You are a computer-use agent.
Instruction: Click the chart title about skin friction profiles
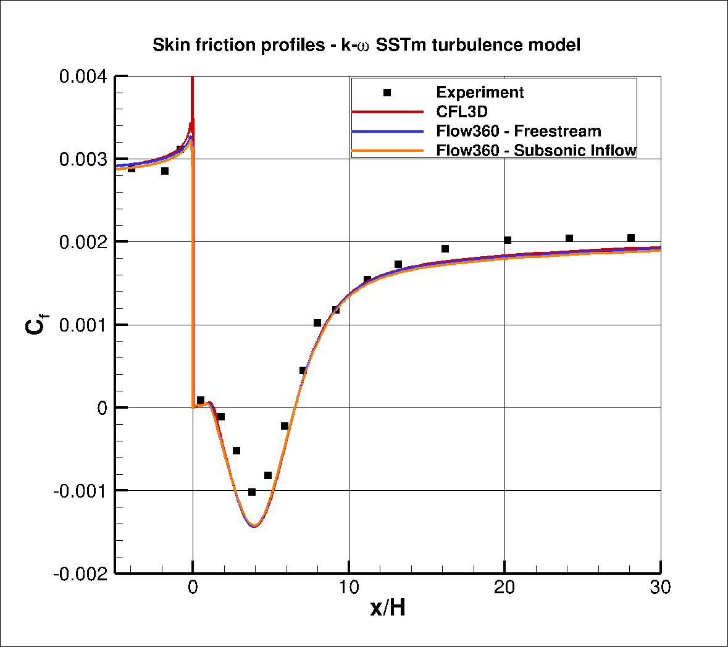click(366, 45)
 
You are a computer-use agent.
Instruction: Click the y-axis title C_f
click(36, 325)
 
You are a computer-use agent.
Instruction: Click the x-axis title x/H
click(388, 608)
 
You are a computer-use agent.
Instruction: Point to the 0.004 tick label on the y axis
click(83, 77)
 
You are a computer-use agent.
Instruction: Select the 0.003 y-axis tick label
click(83, 159)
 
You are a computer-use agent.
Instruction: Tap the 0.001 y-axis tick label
click(83, 325)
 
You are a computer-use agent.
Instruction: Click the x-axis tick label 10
click(349, 587)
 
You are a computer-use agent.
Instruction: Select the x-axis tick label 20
click(504, 587)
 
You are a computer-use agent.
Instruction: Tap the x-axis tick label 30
click(660, 587)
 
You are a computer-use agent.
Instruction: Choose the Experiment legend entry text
click(480, 93)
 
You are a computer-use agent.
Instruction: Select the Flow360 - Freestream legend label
click(518, 131)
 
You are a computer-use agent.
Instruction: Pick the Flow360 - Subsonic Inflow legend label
click(536, 150)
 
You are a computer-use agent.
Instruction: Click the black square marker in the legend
click(387, 93)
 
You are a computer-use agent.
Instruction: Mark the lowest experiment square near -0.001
click(252, 492)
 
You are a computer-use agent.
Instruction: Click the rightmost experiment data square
click(631, 238)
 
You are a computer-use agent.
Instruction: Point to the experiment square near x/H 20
click(508, 240)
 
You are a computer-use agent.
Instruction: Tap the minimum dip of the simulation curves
click(254, 525)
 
